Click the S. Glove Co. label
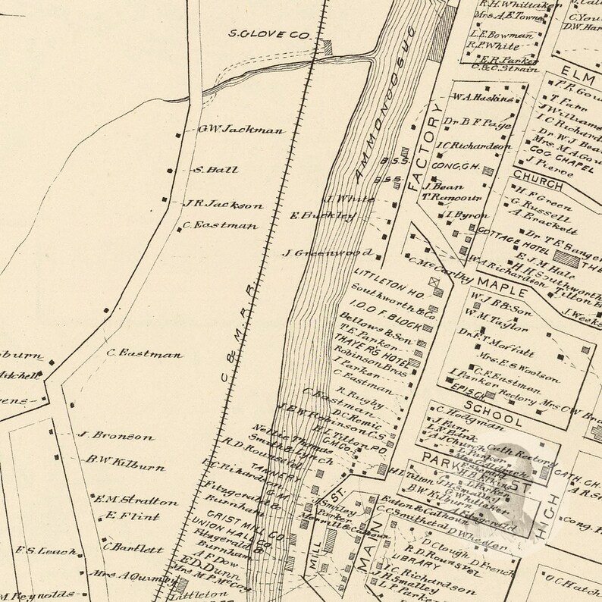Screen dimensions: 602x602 pos(270,34)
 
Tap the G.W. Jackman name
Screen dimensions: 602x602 pos(241,129)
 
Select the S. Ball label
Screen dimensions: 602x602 pos(216,169)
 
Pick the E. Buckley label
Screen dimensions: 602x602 pos(324,215)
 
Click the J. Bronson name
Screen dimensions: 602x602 pos(116,436)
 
